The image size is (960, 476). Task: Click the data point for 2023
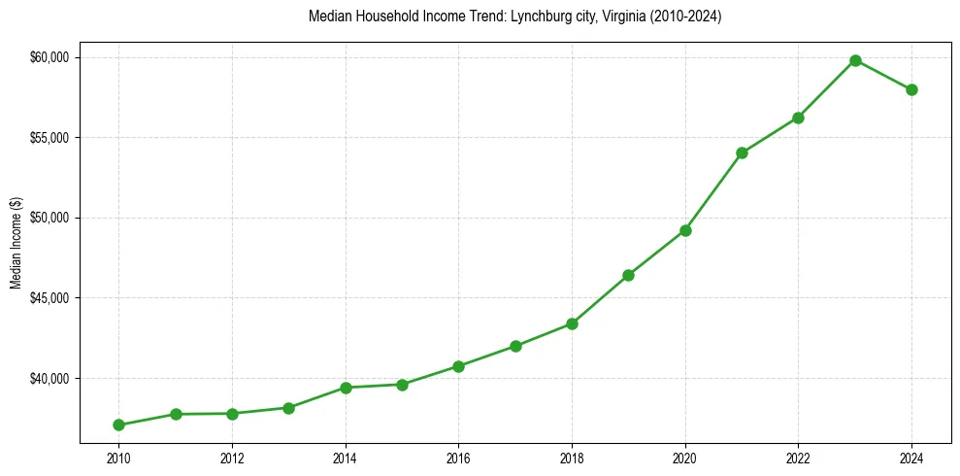(855, 60)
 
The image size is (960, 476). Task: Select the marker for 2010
(118, 425)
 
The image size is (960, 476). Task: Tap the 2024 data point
(911, 89)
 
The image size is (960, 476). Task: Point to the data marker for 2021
(742, 153)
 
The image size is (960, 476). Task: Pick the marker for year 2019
(628, 275)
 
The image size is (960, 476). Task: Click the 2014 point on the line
(346, 388)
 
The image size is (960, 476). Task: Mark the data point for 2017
(515, 346)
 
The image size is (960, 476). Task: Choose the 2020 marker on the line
(685, 230)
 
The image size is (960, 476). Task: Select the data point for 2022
(798, 118)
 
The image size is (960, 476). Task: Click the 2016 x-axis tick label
(458, 458)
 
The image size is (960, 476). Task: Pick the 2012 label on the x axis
(232, 458)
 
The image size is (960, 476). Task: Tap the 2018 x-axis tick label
(572, 458)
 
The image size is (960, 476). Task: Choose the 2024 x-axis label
(911, 458)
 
